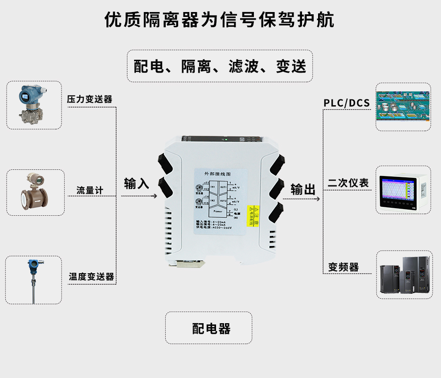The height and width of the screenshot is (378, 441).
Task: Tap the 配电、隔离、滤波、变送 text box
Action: [x=220, y=66]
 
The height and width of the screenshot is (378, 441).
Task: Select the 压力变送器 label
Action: [x=90, y=99]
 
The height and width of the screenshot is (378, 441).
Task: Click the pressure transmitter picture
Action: [x=34, y=105]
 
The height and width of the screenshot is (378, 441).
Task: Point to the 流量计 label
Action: [x=90, y=190]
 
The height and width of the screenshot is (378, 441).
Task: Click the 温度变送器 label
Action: [x=91, y=277]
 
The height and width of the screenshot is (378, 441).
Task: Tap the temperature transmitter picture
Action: [x=33, y=280]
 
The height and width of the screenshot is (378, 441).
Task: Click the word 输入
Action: [x=136, y=183]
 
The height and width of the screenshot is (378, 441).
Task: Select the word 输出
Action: [x=303, y=189]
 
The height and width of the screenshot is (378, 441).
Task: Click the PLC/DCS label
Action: [x=347, y=103]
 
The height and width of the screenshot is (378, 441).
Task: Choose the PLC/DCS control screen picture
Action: [x=403, y=107]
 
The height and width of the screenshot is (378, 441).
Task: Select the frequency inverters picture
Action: [x=404, y=274]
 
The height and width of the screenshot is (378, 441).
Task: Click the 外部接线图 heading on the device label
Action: [x=217, y=173]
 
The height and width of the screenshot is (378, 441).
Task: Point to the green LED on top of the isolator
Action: [x=226, y=140]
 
